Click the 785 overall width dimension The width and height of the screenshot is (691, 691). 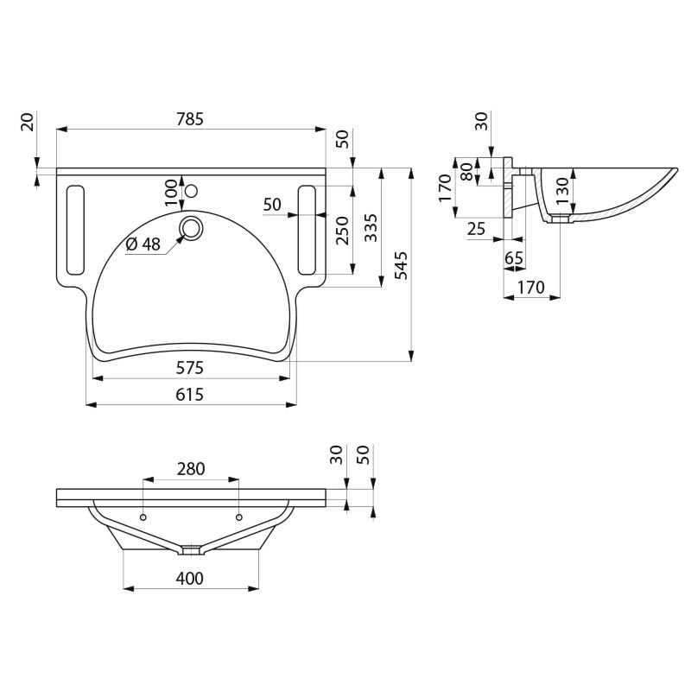coord(191,120)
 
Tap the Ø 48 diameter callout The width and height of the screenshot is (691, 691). coord(143,244)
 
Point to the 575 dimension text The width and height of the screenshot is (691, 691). coord(190,368)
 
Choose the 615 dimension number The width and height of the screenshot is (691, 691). coord(190,395)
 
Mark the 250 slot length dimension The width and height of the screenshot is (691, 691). coord(342,231)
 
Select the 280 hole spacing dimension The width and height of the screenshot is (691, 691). coord(190,469)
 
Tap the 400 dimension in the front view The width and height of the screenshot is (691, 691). coord(190,579)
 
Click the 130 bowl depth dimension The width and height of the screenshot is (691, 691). coord(561,190)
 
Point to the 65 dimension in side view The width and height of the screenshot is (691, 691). coord(514,258)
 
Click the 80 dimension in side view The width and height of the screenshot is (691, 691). coord(466,172)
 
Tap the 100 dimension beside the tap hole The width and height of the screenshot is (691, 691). coord(171,192)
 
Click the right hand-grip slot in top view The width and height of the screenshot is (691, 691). coord(307,229)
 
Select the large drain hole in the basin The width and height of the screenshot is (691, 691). coord(190,228)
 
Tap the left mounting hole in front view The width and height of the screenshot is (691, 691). coord(143,517)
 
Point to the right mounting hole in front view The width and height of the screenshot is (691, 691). coord(238,517)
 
